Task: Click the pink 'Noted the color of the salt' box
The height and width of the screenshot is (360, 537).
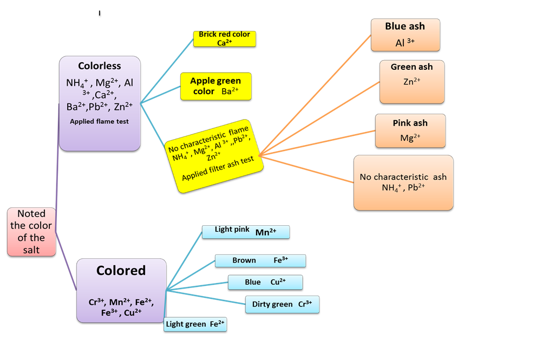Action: click(31, 231)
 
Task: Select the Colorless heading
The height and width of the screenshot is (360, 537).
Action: click(100, 66)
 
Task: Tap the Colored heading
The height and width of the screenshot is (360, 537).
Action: click(121, 270)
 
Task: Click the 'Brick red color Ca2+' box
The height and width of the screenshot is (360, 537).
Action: click(224, 38)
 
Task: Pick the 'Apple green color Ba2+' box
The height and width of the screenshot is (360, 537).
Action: click(215, 86)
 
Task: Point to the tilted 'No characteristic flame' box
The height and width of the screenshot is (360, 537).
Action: click(216, 156)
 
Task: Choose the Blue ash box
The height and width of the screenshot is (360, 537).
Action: click(404, 35)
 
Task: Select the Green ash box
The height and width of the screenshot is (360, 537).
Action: click(411, 81)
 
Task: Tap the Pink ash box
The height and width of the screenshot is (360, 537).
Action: click(410, 130)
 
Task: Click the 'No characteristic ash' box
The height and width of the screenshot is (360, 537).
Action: click(403, 183)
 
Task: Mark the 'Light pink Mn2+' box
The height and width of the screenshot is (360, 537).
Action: click(245, 232)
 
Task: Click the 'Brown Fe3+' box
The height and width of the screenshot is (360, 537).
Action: click(260, 260)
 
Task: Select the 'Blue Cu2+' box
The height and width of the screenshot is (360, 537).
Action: click(265, 282)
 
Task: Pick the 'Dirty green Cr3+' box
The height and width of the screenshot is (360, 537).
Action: click(281, 304)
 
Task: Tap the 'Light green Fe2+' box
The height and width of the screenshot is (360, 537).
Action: click(195, 324)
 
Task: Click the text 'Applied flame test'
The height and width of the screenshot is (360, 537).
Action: click(100, 121)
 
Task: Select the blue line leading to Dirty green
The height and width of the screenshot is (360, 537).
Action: click(206, 297)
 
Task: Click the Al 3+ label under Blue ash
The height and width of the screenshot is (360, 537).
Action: click(404, 43)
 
